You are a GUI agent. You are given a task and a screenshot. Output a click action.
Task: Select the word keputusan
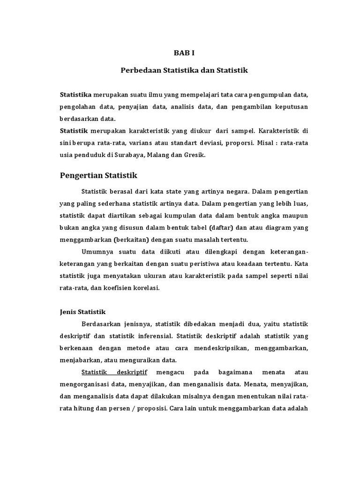(x=291, y=107)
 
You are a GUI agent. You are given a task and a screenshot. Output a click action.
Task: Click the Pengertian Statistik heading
(x=98, y=176)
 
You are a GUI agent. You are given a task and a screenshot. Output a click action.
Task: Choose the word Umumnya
(x=96, y=252)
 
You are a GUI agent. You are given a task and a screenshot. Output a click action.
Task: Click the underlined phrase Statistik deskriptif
(x=114, y=372)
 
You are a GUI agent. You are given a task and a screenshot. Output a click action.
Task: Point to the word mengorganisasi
(x=84, y=384)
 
